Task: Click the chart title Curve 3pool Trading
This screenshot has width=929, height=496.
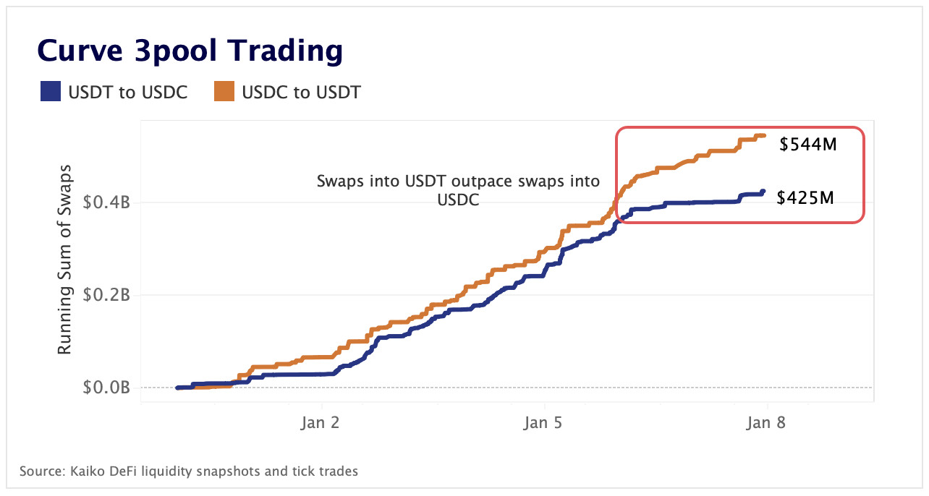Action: click(x=190, y=51)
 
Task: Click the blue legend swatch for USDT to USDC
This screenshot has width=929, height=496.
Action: click(x=51, y=93)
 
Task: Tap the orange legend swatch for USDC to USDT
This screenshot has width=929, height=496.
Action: click(x=224, y=93)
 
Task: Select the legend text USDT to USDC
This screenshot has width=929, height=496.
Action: click(x=127, y=93)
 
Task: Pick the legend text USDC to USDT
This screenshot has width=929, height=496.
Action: click(x=301, y=93)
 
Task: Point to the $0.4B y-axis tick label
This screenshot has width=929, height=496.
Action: click(x=106, y=202)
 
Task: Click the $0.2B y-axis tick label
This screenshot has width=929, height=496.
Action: click(x=106, y=295)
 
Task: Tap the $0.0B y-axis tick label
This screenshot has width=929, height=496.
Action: click(x=106, y=388)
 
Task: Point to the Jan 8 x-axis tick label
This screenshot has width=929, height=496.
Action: click(x=766, y=423)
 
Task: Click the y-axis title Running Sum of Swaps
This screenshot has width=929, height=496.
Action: click(x=64, y=263)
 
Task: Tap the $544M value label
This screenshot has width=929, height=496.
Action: click(x=807, y=145)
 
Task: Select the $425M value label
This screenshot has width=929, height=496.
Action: click(x=805, y=197)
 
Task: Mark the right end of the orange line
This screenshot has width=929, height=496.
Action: click(x=764, y=135)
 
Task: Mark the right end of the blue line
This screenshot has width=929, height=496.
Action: click(x=763, y=192)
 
